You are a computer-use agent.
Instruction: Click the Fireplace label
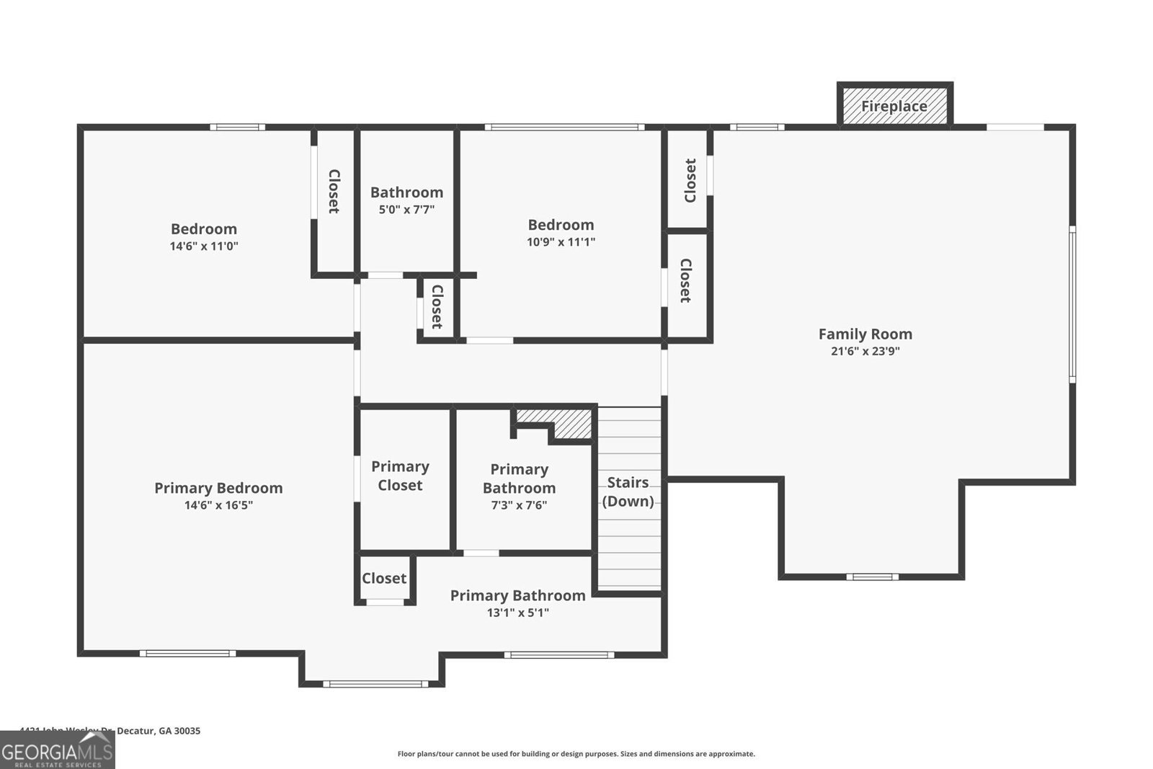[x=894, y=107]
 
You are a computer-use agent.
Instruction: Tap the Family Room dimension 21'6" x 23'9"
[x=865, y=352]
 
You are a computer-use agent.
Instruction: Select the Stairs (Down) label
[x=628, y=492]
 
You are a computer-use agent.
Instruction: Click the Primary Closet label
[x=400, y=476]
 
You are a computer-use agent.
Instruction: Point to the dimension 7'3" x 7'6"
[x=519, y=505]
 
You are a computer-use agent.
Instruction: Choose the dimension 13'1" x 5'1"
[x=517, y=613]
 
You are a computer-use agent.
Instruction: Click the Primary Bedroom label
[x=218, y=488]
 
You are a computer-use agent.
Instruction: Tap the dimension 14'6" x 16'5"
[x=218, y=505]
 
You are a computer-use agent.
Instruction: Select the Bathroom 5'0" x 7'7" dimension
[x=406, y=210]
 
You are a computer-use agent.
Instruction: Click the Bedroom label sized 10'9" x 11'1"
[x=561, y=225]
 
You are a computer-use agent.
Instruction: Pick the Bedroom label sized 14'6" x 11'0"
[x=203, y=229]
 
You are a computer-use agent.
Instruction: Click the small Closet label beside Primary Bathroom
[x=384, y=578]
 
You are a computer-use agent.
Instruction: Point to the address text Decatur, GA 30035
[x=158, y=730]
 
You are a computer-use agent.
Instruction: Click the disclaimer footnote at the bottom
[x=576, y=754]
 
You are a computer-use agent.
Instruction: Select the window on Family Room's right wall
[x=1072, y=303]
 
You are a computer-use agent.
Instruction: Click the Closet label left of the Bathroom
[x=334, y=191]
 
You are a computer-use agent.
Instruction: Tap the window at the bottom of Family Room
[x=872, y=577]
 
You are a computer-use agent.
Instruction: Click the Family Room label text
[x=865, y=334]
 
